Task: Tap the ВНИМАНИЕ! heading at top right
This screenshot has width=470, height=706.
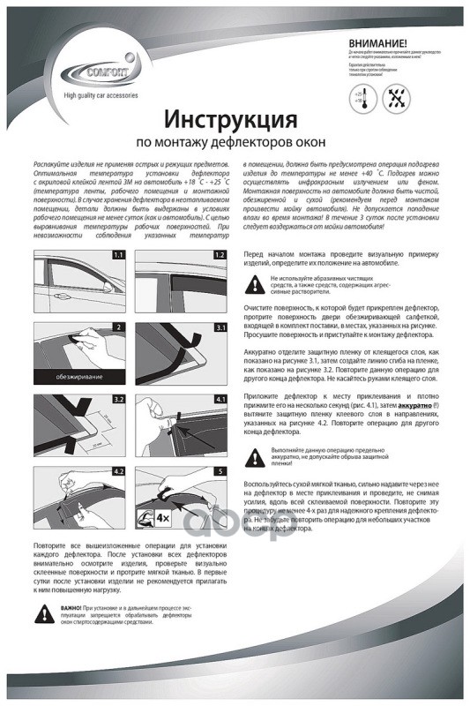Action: (x=377, y=42)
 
